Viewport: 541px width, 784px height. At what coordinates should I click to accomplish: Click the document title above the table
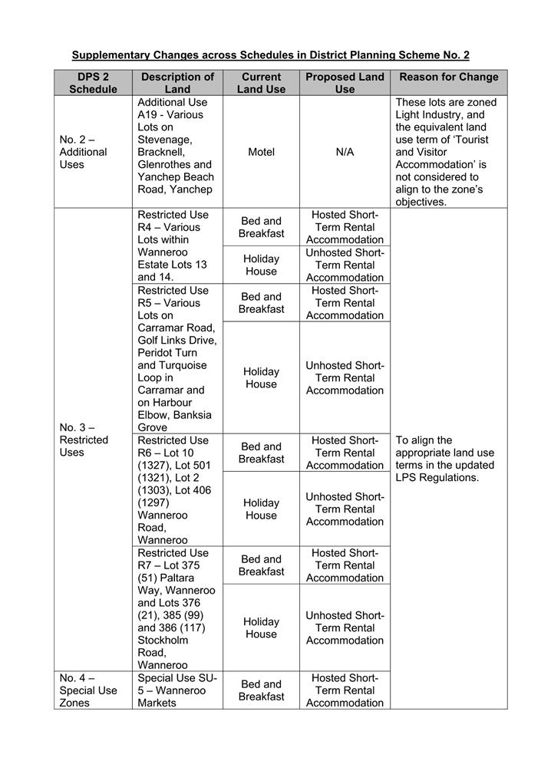click(x=270, y=55)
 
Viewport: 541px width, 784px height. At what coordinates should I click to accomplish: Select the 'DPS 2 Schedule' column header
click(x=93, y=83)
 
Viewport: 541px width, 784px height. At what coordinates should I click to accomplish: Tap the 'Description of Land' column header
click(x=177, y=83)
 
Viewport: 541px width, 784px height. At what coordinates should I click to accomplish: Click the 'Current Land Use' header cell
click(x=261, y=83)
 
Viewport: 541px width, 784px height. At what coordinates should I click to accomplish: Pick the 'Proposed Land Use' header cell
click(x=345, y=83)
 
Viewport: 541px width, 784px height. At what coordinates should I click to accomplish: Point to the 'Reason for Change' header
click(x=448, y=77)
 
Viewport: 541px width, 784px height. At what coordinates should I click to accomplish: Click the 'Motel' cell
click(x=261, y=152)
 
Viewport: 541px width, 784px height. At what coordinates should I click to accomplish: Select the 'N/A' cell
click(x=345, y=152)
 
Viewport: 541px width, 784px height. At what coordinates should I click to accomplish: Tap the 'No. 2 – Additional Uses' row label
click(x=84, y=152)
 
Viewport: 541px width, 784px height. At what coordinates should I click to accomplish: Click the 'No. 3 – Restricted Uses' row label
click(x=84, y=440)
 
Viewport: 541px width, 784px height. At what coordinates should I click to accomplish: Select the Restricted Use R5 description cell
click(x=176, y=358)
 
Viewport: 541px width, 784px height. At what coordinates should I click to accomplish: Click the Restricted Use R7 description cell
click(x=176, y=608)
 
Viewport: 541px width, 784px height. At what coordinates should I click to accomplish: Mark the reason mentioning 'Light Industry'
click(x=447, y=152)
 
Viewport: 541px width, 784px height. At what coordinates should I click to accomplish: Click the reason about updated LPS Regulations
click(x=445, y=459)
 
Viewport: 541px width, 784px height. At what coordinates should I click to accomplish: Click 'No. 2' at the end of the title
click(x=454, y=55)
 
